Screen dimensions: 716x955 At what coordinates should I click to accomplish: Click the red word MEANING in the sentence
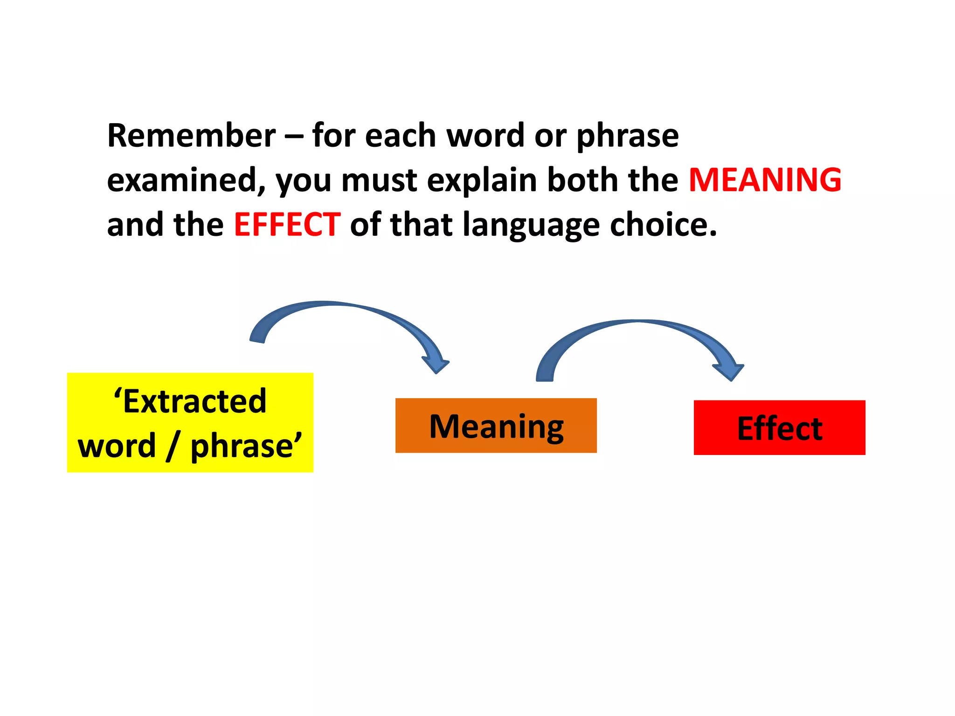pyautogui.click(x=765, y=180)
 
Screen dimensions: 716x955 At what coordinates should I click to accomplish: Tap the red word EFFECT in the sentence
pyautogui.click(x=287, y=225)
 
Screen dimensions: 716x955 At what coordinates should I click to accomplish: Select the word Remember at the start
pyautogui.click(x=192, y=136)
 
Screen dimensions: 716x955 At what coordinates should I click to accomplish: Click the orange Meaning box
pyautogui.click(x=496, y=425)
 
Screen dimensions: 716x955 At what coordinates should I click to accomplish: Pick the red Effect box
pyautogui.click(x=779, y=427)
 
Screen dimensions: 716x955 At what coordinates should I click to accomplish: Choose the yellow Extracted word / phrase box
pyautogui.click(x=190, y=422)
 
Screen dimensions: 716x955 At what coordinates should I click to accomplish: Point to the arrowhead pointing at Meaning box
pyautogui.click(x=436, y=365)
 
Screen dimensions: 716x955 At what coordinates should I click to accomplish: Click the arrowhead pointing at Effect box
pyautogui.click(x=729, y=372)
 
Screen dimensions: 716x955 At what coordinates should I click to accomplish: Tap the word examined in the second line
pyautogui.click(x=186, y=181)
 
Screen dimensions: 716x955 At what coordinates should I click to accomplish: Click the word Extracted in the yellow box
pyautogui.click(x=194, y=401)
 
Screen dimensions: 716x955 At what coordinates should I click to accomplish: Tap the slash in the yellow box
pyautogui.click(x=173, y=446)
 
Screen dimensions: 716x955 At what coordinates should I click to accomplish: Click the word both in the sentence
pyautogui.click(x=583, y=180)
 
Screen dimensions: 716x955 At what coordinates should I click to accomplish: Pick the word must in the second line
pyautogui.click(x=379, y=181)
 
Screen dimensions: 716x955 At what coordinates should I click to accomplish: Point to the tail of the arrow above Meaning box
pyautogui.click(x=545, y=375)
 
